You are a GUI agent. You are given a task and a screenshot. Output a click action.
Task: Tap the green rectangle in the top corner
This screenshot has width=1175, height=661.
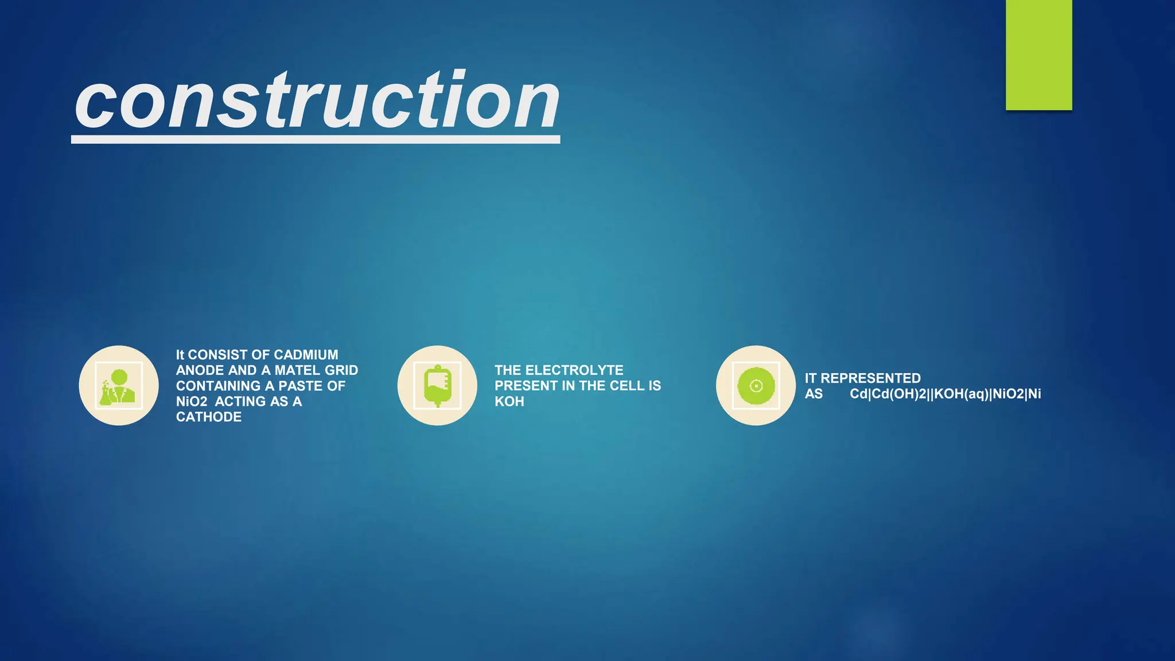point(1038,55)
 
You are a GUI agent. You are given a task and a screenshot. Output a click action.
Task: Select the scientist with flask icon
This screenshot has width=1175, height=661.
point(119,386)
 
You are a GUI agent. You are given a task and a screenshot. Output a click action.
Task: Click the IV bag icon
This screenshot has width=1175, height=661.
point(437,386)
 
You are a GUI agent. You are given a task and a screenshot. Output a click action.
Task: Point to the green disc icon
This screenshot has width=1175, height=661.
point(756,386)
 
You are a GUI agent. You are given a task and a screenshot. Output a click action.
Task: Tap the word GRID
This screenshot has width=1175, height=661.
point(341,370)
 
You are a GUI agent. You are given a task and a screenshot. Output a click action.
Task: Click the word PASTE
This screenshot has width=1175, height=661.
point(301,386)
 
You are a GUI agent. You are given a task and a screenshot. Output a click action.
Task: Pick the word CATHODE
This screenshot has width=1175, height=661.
point(208,417)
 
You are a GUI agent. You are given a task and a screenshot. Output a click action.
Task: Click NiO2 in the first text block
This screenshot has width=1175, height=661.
point(191,401)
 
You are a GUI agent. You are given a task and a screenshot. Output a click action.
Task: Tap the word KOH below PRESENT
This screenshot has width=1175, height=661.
point(509,401)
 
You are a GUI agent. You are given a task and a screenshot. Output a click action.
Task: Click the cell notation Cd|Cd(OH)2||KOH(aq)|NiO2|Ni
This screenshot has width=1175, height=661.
point(945,394)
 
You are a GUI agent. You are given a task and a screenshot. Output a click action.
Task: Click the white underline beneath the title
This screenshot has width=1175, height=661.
point(316,139)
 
